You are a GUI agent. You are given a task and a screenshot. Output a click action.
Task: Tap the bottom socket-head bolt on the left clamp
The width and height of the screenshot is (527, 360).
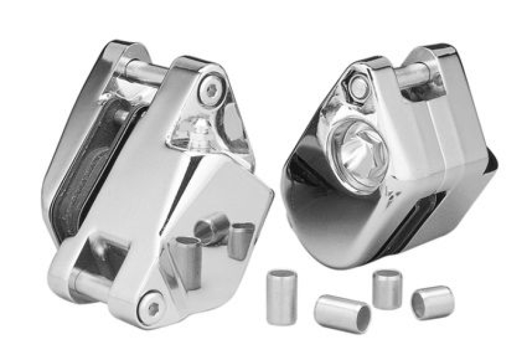coord(152,306)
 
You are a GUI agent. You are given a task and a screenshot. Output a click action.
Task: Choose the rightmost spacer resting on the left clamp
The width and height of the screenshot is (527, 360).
coord(240,240)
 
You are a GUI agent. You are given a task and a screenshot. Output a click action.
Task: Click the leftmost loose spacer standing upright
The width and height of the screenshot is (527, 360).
coord(281,296)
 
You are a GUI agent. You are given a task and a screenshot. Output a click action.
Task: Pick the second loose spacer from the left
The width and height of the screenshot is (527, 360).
coord(341,313)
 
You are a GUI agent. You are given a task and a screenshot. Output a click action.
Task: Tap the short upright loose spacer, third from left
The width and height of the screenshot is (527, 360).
coord(387,289)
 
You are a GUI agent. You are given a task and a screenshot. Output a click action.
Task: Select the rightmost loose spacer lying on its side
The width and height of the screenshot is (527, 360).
coord(432,303)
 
